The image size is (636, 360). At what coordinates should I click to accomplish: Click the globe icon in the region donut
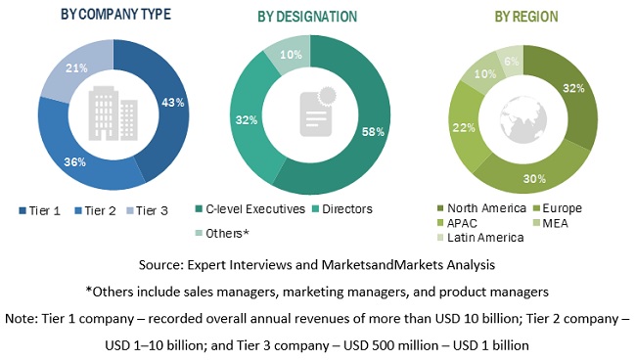tap(522, 114)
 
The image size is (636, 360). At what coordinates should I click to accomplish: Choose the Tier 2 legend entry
tap(103, 210)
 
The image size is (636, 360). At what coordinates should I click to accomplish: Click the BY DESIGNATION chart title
tap(307, 17)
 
